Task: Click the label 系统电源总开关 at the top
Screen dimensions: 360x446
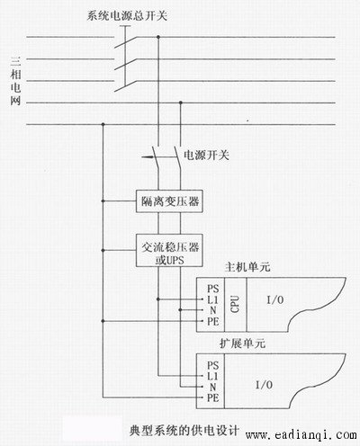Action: click(x=127, y=15)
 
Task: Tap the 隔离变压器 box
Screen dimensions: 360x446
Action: click(x=169, y=201)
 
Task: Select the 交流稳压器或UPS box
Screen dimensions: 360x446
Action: click(x=169, y=251)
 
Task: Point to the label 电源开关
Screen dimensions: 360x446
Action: click(x=206, y=155)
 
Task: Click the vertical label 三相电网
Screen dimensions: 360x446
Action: click(x=15, y=81)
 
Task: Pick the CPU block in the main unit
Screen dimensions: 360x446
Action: click(x=236, y=304)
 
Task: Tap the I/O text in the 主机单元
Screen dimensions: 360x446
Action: click(x=275, y=299)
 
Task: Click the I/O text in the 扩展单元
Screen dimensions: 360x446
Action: click(x=264, y=385)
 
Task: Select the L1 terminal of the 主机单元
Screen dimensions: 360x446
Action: click(x=212, y=299)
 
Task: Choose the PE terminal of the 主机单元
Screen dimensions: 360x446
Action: click(x=213, y=321)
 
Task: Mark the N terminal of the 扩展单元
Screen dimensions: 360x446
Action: click(x=212, y=387)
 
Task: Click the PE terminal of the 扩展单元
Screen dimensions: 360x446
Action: click(x=213, y=397)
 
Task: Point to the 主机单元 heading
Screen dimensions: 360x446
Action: click(x=247, y=267)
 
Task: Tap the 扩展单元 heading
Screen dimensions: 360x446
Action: click(x=242, y=343)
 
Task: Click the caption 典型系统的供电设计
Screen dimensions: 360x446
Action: click(x=184, y=431)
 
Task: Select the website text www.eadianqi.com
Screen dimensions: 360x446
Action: click(x=301, y=434)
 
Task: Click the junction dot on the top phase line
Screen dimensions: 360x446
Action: click(x=158, y=37)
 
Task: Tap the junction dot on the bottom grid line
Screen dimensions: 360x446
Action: click(x=103, y=124)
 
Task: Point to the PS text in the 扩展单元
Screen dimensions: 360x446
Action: click(x=212, y=365)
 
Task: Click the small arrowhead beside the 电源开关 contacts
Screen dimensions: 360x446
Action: click(x=146, y=156)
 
